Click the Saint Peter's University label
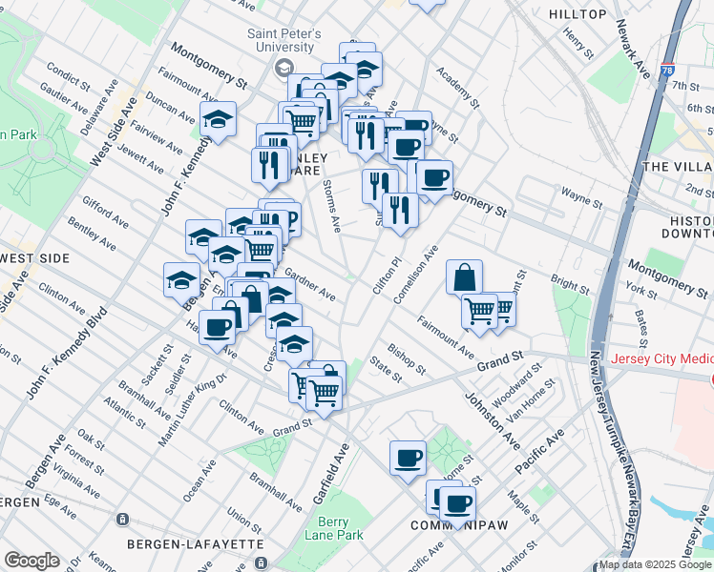tap(281, 40)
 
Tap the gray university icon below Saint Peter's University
tap(283, 68)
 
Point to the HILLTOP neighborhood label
tap(577, 14)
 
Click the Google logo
tap(31, 561)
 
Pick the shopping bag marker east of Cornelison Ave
tap(464, 277)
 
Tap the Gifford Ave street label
tap(106, 214)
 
